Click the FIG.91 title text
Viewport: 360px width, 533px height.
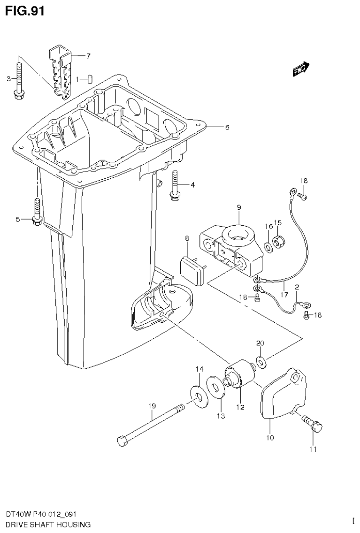pos(24,11)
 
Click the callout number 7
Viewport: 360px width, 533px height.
pos(88,56)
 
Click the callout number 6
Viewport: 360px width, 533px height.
pos(227,127)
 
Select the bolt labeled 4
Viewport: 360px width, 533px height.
pos(175,185)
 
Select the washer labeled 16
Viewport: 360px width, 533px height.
pos(267,246)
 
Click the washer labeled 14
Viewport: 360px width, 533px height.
pos(199,395)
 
